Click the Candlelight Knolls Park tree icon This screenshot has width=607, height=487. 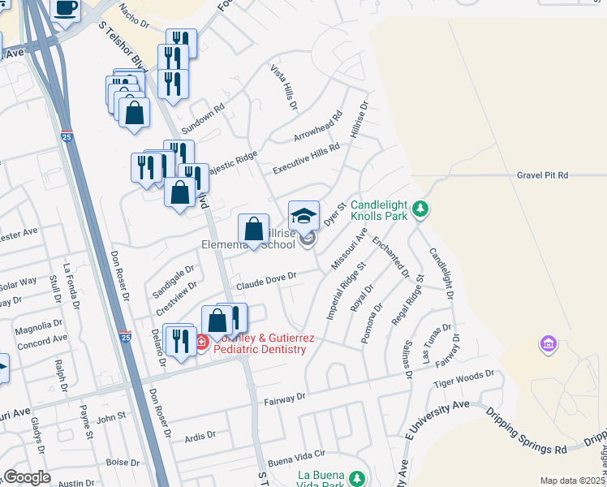(x=420, y=209)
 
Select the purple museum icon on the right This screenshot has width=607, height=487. (x=549, y=345)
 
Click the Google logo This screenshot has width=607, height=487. (x=27, y=477)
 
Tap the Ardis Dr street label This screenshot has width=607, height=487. (x=200, y=435)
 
